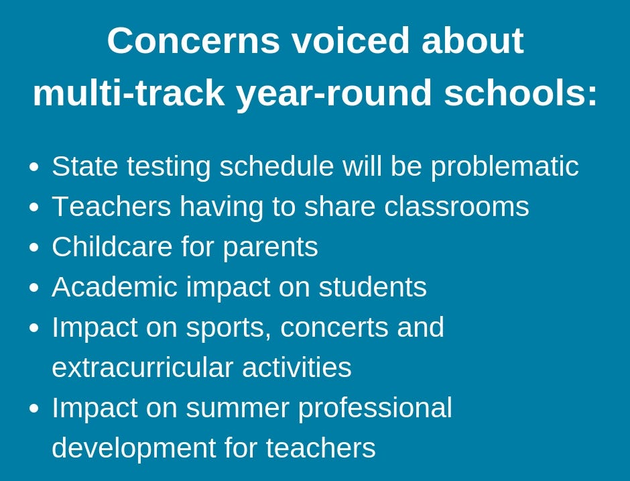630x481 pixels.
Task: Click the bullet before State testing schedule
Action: coord(35,167)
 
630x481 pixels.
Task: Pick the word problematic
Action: coord(505,167)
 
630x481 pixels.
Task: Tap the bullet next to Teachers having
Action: coord(35,207)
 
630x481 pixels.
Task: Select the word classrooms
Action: coord(456,207)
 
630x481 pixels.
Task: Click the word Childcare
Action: coord(112,246)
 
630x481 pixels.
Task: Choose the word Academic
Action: coord(115,286)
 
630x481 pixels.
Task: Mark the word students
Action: coord(373,286)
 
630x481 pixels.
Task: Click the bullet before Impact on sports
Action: coord(35,328)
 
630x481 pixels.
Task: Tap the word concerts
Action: coord(334,328)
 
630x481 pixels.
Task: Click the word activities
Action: coord(297,367)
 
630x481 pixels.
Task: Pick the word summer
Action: coord(237,408)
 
